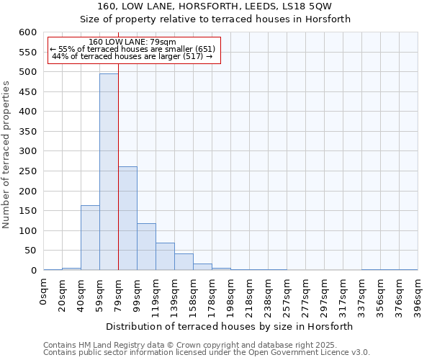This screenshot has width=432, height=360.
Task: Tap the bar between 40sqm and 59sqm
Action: (x=90, y=238)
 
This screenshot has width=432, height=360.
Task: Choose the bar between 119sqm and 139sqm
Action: (x=165, y=256)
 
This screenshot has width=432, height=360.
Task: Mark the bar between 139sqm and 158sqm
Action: (x=184, y=262)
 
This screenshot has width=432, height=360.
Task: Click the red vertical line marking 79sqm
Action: (x=118, y=173)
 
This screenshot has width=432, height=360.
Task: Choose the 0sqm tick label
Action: (x=44, y=291)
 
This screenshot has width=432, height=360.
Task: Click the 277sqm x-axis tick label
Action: (x=306, y=294)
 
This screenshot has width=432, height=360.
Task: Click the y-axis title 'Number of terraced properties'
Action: (x=7, y=155)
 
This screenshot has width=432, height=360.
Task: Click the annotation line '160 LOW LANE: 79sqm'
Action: (x=132, y=42)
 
